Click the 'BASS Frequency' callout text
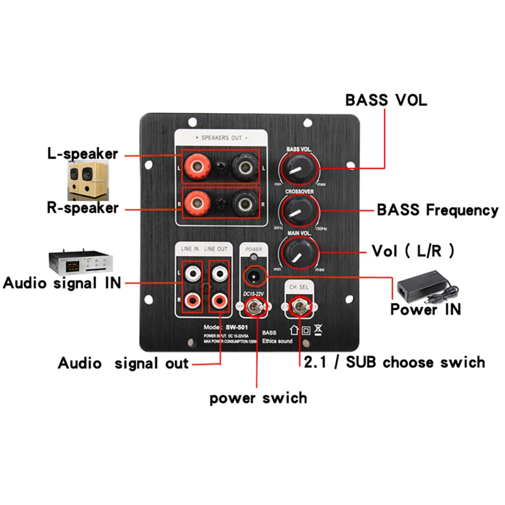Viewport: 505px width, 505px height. click(x=437, y=210)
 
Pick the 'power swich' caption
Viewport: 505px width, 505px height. click(x=258, y=398)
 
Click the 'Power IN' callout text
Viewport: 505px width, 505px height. click(x=425, y=309)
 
